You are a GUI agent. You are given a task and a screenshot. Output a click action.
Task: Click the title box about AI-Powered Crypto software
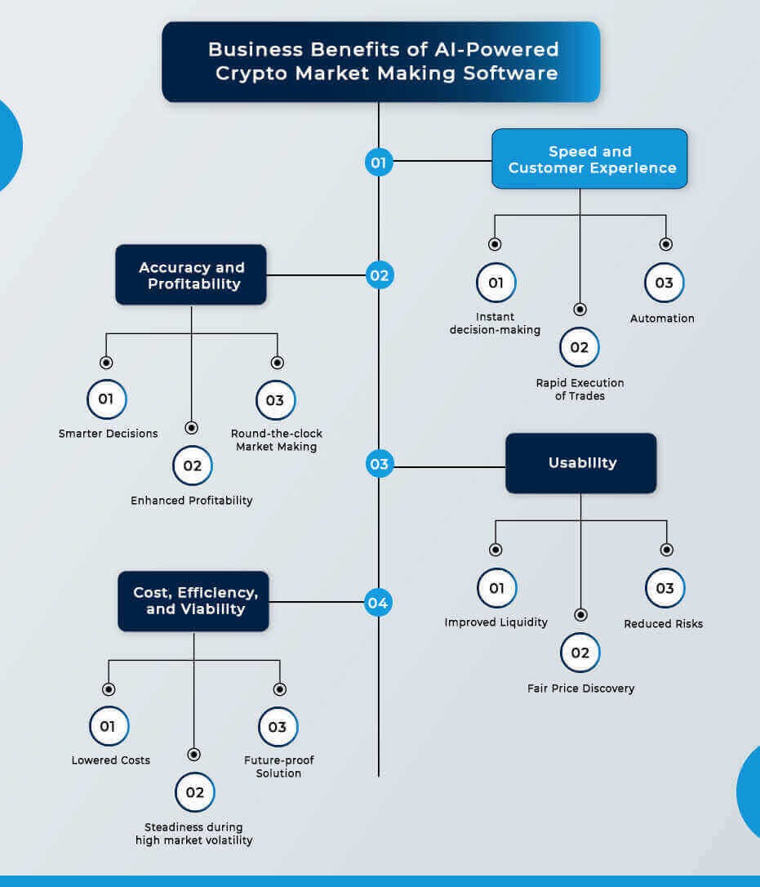click(x=380, y=61)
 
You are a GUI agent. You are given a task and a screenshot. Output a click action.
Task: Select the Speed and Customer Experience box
click(x=589, y=159)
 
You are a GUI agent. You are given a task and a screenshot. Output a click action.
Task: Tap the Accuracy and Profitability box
click(x=191, y=275)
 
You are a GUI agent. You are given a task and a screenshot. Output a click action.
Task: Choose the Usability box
click(x=580, y=463)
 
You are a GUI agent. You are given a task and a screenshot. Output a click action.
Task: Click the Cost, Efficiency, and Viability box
click(x=193, y=601)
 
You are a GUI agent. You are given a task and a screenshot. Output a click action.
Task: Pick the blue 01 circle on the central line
click(x=379, y=163)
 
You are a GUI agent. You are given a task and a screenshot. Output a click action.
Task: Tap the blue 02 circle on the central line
click(x=379, y=275)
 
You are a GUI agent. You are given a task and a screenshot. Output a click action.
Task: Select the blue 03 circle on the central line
click(x=379, y=465)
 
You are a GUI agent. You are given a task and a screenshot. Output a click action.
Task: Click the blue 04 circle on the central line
click(x=378, y=604)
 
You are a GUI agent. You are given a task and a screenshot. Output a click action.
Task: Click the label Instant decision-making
click(x=495, y=323)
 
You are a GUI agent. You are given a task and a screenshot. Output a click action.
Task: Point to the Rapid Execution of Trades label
click(x=580, y=389)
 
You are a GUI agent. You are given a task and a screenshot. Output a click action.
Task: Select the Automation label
click(x=662, y=319)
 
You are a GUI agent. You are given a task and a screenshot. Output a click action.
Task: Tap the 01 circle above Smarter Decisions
click(x=106, y=399)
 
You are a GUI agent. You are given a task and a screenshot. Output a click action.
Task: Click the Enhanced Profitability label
click(x=192, y=501)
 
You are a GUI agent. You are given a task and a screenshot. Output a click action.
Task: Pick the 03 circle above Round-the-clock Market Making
click(x=276, y=400)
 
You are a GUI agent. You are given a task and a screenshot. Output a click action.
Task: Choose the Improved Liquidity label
click(x=496, y=622)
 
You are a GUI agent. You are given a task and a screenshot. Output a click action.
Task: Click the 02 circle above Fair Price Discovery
click(x=580, y=653)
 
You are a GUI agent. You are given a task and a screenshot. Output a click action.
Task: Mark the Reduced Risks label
click(x=663, y=624)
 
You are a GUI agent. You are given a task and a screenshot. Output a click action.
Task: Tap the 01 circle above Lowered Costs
click(x=109, y=726)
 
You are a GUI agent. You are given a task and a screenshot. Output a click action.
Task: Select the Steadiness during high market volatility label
click(x=193, y=834)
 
